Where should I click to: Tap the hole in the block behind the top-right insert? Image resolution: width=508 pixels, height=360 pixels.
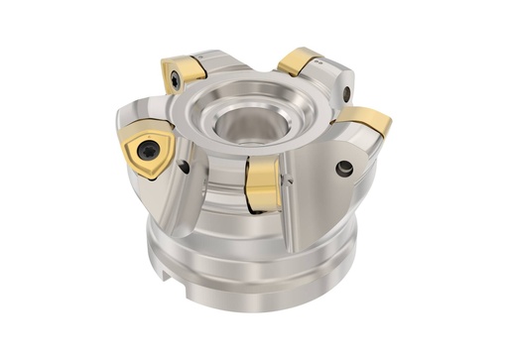point(346,93)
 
